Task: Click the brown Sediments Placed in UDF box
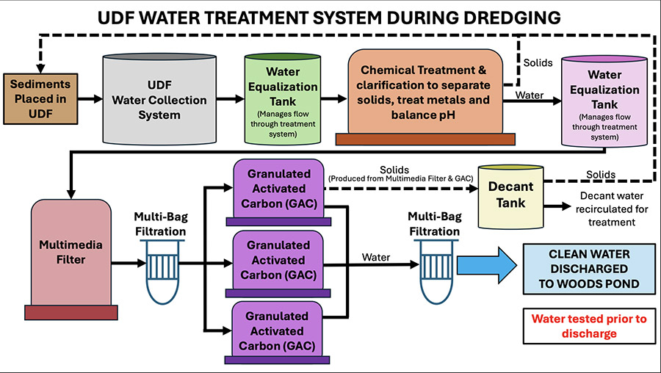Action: [40, 99]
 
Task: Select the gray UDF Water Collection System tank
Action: [159, 99]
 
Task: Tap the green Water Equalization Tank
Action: [283, 99]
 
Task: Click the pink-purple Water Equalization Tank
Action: [604, 101]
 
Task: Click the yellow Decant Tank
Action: [510, 196]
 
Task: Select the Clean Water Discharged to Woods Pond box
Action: [589, 269]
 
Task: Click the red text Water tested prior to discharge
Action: [589, 326]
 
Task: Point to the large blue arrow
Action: [487, 265]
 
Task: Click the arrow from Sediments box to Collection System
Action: [90, 99]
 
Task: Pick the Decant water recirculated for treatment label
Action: [612, 209]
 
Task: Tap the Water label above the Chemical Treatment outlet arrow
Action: [530, 95]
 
